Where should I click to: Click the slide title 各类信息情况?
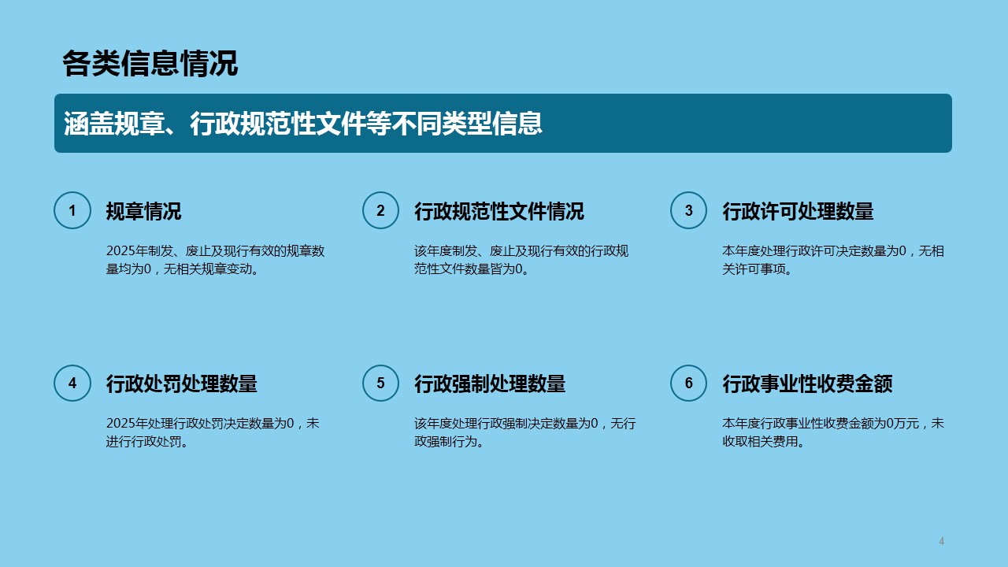[150, 64]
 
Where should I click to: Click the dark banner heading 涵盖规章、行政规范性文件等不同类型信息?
[303, 124]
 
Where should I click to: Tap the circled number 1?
[72, 210]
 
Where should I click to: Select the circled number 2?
[380, 210]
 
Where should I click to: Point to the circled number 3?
[688, 210]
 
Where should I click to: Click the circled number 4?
[72, 383]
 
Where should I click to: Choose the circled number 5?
[380, 383]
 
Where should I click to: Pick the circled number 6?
[688, 383]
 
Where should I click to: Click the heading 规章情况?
[143, 211]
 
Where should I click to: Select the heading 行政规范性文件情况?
[499, 211]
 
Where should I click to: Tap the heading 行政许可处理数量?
[798, 211]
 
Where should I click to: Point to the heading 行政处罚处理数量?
[181, 384]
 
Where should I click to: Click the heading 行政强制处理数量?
[490, 384]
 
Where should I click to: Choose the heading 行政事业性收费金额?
[807, 384]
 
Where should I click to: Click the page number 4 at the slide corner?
[941, 541]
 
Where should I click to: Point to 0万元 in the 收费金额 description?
[902, 424]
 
